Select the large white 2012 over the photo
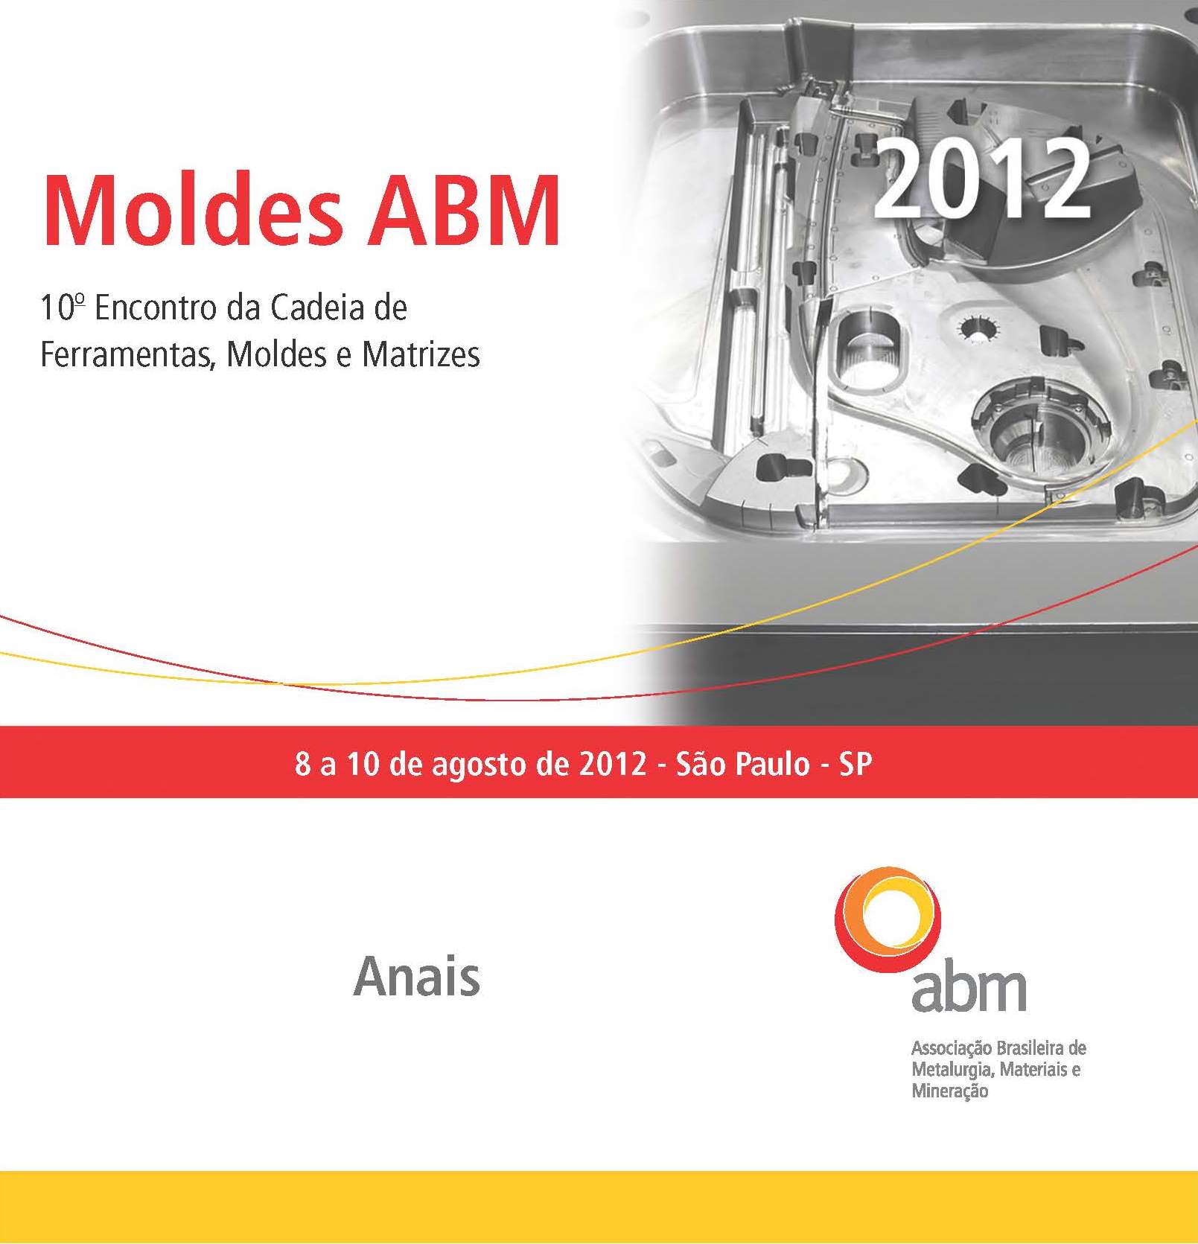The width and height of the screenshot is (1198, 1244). click(982, 179)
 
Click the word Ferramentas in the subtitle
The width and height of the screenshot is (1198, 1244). click(128, 354)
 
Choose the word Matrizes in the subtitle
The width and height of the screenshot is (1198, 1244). click(421, 354)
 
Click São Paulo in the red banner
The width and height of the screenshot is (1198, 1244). click(742, 764)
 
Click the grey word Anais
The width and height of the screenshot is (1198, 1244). click(417, 976)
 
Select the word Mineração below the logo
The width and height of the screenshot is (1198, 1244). click(950, 1091)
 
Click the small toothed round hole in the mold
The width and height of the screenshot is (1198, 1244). click(977, 328)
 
